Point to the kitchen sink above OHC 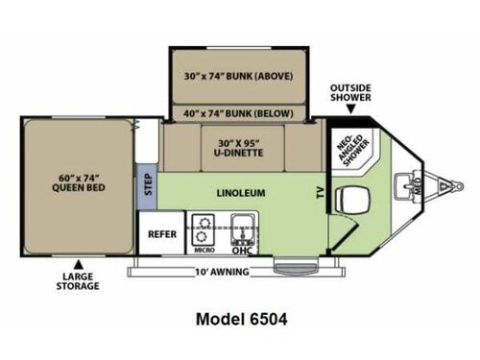(x=241, y=228)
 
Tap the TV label (x=319, y=192)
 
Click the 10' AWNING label (x=223, y=272)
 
